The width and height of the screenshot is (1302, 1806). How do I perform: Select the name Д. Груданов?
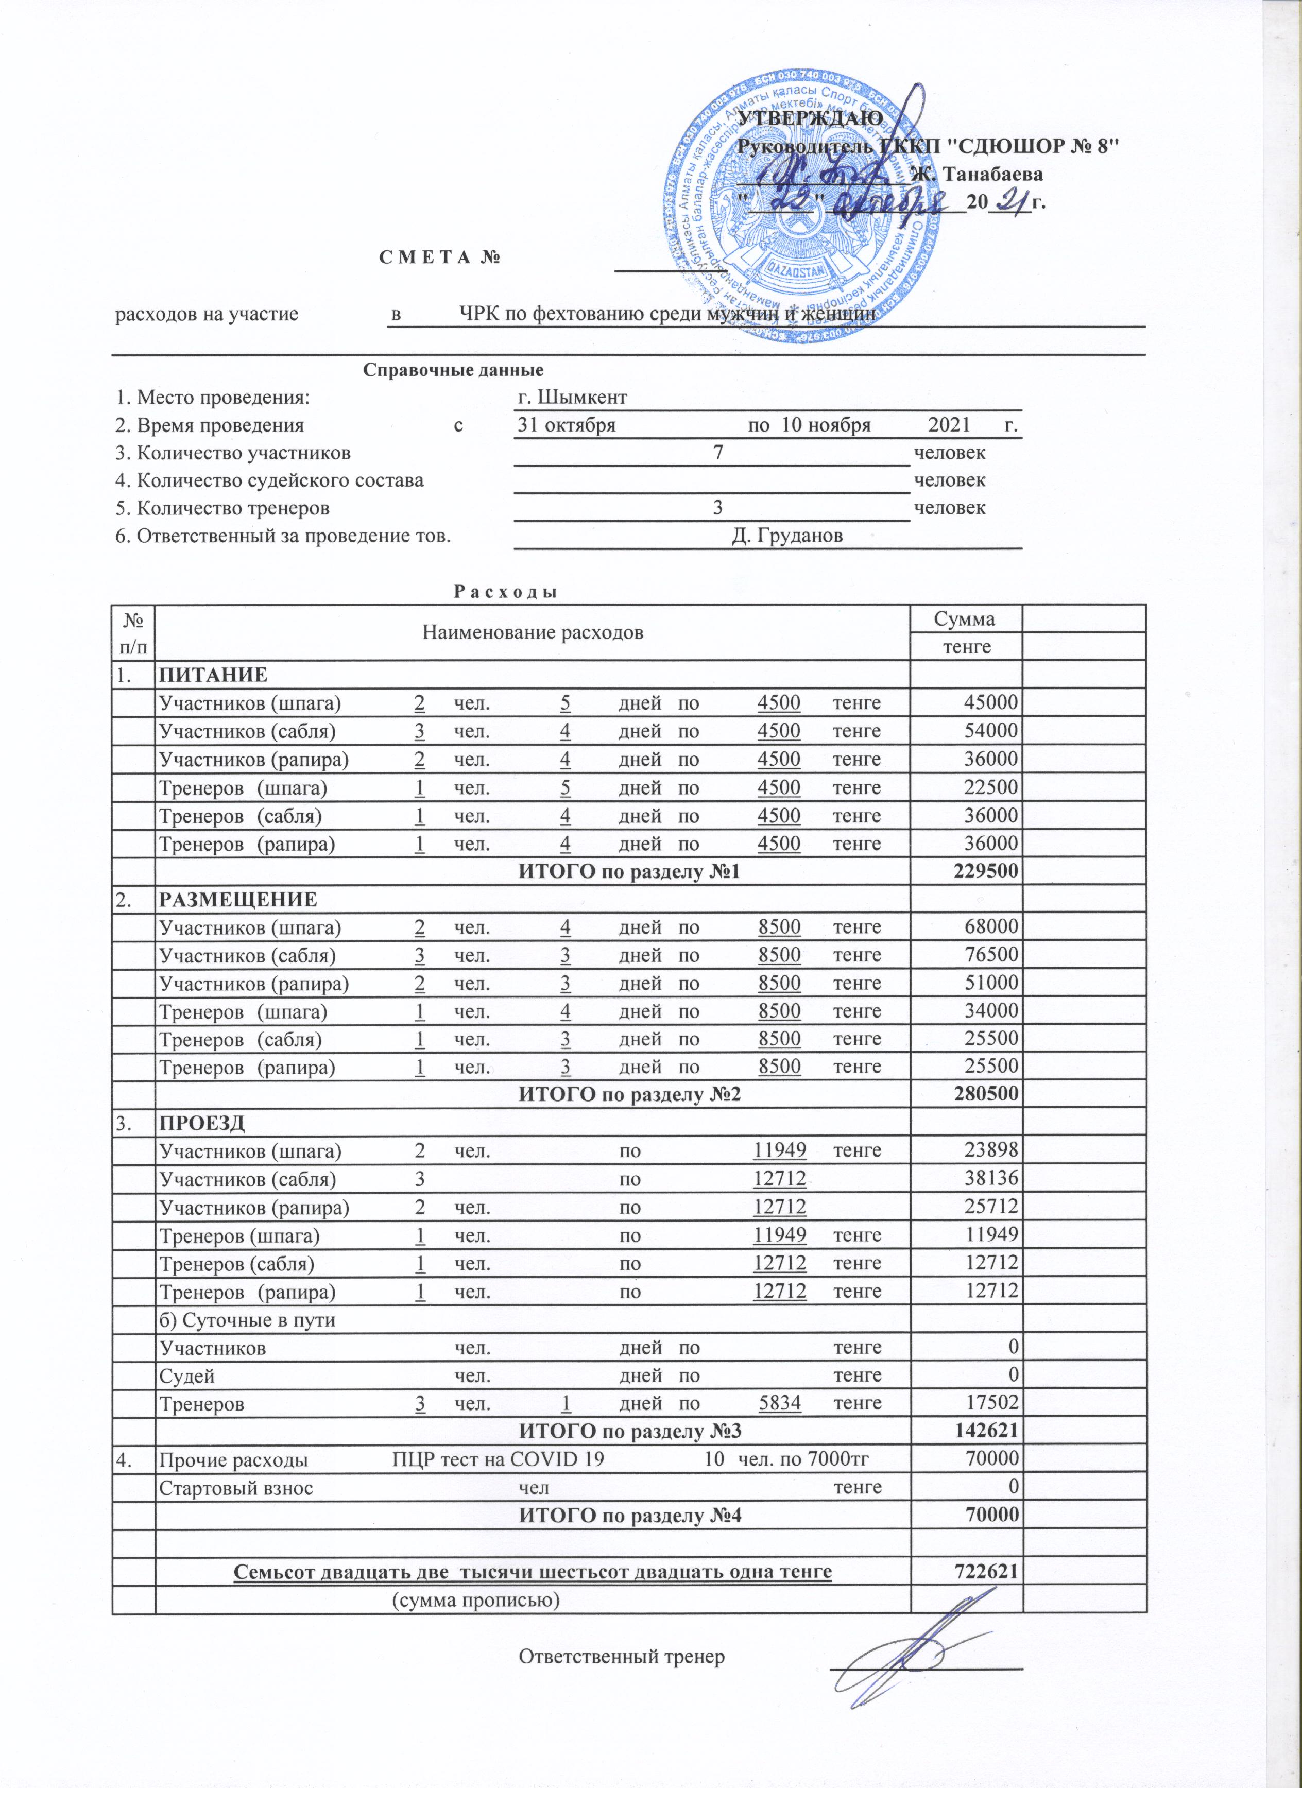(787, 536)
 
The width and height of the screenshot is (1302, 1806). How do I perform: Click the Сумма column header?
(965, 618)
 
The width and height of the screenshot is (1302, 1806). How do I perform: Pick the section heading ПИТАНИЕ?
(213, 675)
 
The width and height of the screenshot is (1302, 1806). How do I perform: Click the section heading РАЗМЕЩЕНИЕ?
(238, 900)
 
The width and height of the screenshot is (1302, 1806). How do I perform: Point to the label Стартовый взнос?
(236, 1487)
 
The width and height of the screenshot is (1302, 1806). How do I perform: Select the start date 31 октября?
(566, 424)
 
